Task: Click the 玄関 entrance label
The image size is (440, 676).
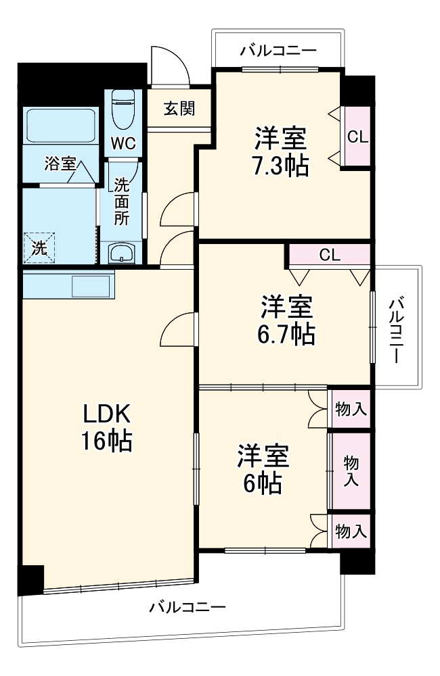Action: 179,108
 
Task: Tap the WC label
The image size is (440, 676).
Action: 123,144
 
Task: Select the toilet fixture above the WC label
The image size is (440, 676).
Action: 123,109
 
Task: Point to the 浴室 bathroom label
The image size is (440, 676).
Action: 60,164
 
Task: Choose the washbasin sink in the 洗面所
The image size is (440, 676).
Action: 122,254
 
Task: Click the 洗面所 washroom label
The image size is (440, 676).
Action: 121,201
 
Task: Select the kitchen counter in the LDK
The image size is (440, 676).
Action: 68,285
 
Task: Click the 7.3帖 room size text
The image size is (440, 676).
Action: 280,165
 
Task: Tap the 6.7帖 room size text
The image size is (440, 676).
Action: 287,334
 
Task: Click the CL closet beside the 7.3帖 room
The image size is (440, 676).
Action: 357,136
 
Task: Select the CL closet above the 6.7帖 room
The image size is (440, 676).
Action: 330,255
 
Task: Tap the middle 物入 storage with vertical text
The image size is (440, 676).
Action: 351,470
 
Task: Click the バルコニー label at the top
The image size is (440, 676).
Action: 278,50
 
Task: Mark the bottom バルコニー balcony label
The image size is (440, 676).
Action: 188,606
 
